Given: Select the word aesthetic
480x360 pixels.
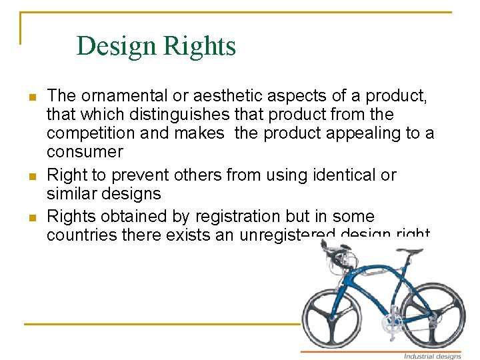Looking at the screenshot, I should point(222,95).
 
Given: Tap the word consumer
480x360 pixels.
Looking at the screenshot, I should point(85,151).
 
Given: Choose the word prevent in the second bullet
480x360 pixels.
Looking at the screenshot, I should point(139,175).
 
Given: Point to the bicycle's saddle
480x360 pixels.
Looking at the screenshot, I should point(414,251).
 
